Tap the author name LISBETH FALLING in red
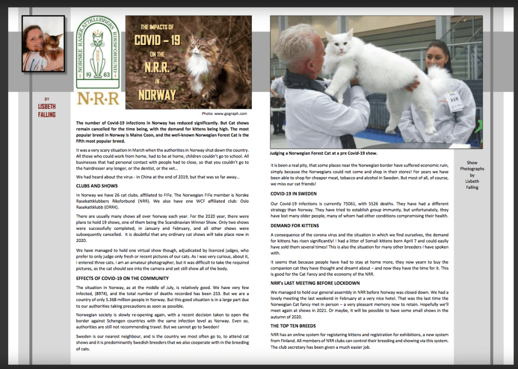pyautogui.click(x=47, y=111)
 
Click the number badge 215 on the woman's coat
pyautogui.click(x=454, y=99)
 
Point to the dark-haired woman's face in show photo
pyautogui.click(x=437, y=59)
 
